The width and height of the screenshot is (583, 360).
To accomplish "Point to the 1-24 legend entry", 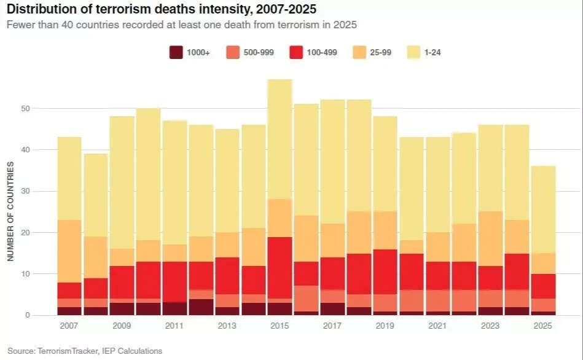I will [x=431, y=53].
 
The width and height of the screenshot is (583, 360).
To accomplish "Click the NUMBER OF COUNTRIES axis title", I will [x=11, y=211].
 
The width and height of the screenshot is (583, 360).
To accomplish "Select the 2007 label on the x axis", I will [x=69, y=326].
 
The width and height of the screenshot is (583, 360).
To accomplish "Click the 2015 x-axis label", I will [x=280, y=326].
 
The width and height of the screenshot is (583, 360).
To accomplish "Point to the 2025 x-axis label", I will [x=543, y=326].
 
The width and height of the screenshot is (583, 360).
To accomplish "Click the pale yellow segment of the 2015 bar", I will [x=280, y=139].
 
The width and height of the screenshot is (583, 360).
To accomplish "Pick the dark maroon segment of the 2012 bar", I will [x=201, y=307].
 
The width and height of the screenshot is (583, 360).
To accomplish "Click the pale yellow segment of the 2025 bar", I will [x=543, y=209].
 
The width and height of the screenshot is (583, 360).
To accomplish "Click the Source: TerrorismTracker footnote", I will [x=85, y=351].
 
